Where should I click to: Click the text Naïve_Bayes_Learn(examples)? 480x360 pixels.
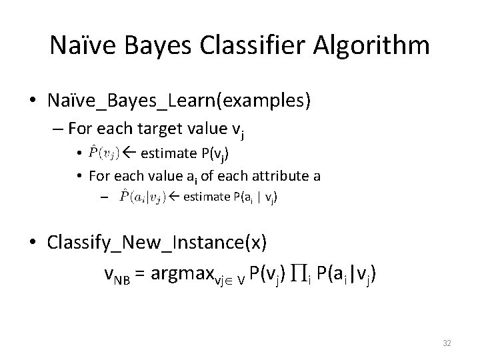point(179,101)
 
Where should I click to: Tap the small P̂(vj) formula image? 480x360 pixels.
point(104,153)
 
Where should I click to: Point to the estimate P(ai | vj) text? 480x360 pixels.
point(231,197)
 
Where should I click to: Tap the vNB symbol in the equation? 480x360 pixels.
point(120,274)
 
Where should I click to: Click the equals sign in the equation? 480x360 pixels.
point(141,273)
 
